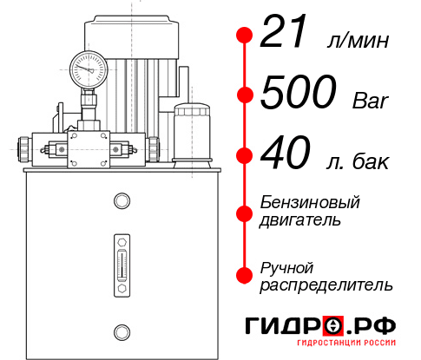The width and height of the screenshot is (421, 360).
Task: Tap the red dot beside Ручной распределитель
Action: [x=245, y=274]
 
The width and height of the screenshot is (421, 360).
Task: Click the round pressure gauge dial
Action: [x=88, y=66]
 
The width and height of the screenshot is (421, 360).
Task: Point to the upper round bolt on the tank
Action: [x=121, y=201]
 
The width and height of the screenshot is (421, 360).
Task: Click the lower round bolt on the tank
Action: [x=121, y=331]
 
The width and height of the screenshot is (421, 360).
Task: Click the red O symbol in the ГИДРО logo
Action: [x=332, y=326]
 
